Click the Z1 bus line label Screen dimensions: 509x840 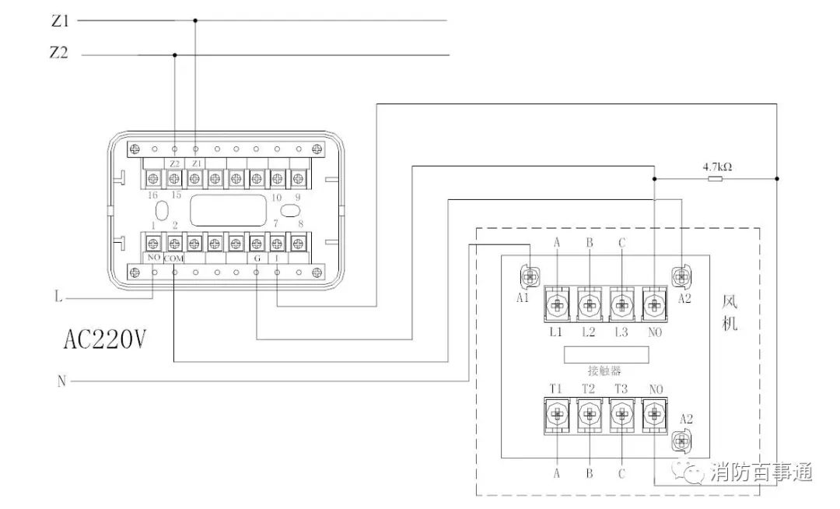click(59, 21)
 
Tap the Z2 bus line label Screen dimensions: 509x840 click(59, 54)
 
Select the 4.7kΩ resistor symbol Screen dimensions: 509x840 click(716, 179)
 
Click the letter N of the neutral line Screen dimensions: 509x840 click(61, 381)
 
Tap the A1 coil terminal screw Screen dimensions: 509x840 click(530, 276)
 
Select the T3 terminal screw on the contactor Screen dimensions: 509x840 click(621, 414)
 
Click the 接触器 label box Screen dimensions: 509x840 click(606, 354)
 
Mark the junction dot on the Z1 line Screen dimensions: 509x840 click(195, 21)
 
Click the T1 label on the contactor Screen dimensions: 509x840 click(556, 388)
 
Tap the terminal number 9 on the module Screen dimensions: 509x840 click(297, 197)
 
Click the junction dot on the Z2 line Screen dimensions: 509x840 click(174, 55)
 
